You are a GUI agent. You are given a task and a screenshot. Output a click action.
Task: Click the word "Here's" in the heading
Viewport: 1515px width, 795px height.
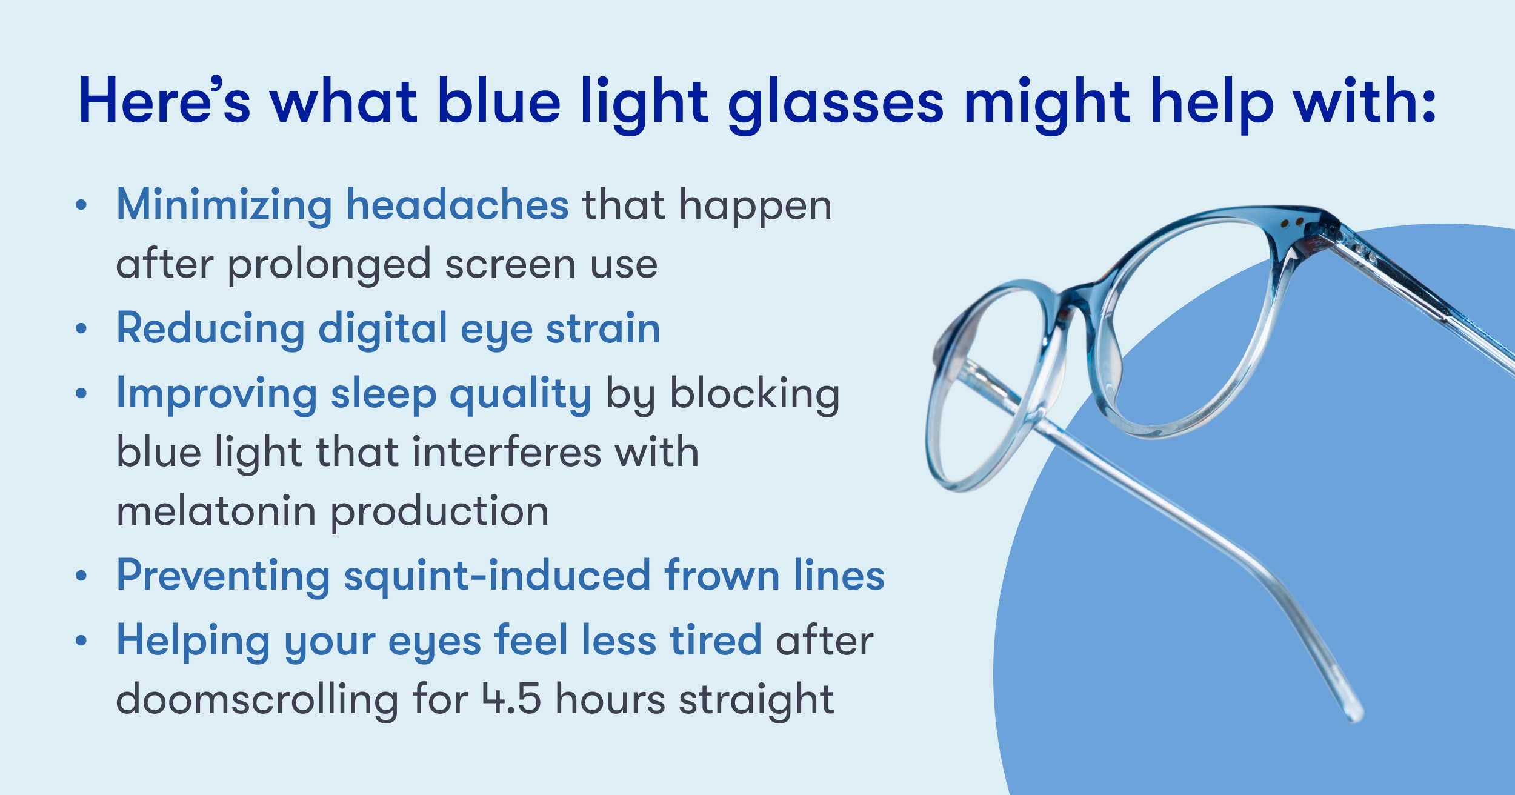point(164,100)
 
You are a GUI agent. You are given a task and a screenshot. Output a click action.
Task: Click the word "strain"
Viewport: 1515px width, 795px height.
point(603,328)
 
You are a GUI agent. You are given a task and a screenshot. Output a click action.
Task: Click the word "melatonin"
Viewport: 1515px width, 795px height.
point(216,511)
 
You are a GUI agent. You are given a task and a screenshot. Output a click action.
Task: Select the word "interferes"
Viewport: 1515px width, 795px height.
point(507,452)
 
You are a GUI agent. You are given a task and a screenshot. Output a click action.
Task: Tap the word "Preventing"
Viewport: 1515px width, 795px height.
point(224,576)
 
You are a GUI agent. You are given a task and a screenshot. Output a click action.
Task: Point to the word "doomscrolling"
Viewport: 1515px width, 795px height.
point(257,698)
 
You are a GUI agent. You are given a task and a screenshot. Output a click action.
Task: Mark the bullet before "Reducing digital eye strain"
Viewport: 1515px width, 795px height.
point(81,328)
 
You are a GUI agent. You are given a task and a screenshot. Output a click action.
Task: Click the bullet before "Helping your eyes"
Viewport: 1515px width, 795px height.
point(81,640)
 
